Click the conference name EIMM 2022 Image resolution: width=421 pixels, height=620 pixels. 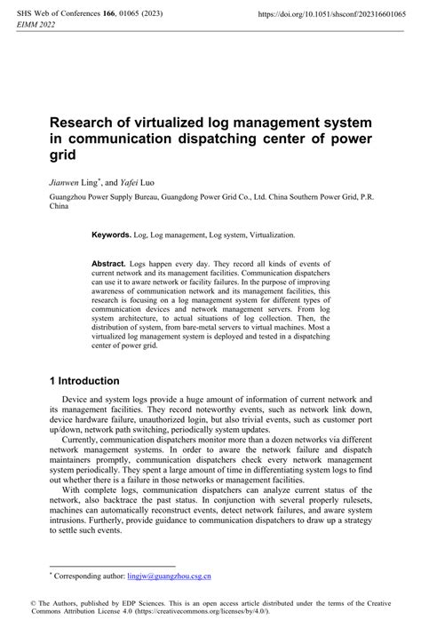tap(31, 28)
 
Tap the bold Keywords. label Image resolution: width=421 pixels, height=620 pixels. tap(111, 236)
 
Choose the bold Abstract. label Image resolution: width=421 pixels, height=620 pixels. tap(110, 265)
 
